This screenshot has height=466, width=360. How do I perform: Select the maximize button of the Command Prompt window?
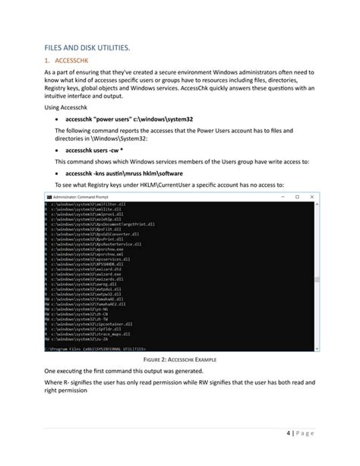[x=297, y=197]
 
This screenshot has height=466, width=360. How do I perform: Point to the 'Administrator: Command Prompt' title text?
[x=79, y=197]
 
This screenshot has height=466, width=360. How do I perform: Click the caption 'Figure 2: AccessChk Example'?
[x=180, y=358]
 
